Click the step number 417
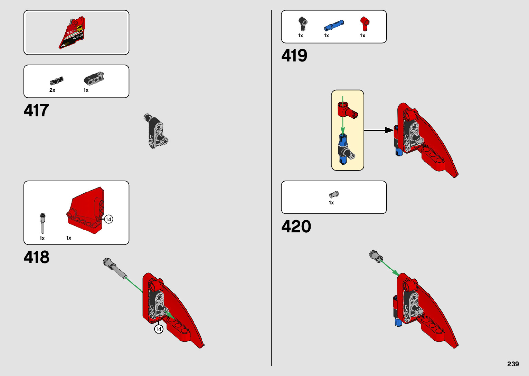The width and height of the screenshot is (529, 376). coord(36,110)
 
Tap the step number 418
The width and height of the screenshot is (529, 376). coord(36,257)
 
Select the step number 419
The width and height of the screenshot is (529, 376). coord(294,56)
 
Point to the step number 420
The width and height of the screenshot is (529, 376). coord(296,226)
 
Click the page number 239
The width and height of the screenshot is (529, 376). coord(513,364)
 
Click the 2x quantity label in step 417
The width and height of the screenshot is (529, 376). coord(52,90)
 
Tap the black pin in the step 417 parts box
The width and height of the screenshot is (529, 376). coord(56,81)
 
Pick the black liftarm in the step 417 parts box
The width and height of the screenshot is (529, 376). coord(94,79)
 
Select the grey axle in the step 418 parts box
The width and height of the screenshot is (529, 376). coord(42,223)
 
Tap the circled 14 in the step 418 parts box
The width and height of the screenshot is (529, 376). coord(108,219)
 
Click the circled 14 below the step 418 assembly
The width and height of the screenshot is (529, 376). coord(159,329)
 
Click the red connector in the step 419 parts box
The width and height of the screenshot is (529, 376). coord(364,23)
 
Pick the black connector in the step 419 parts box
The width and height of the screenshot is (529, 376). coord(303,23)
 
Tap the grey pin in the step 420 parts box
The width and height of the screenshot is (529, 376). coord(334,195)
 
